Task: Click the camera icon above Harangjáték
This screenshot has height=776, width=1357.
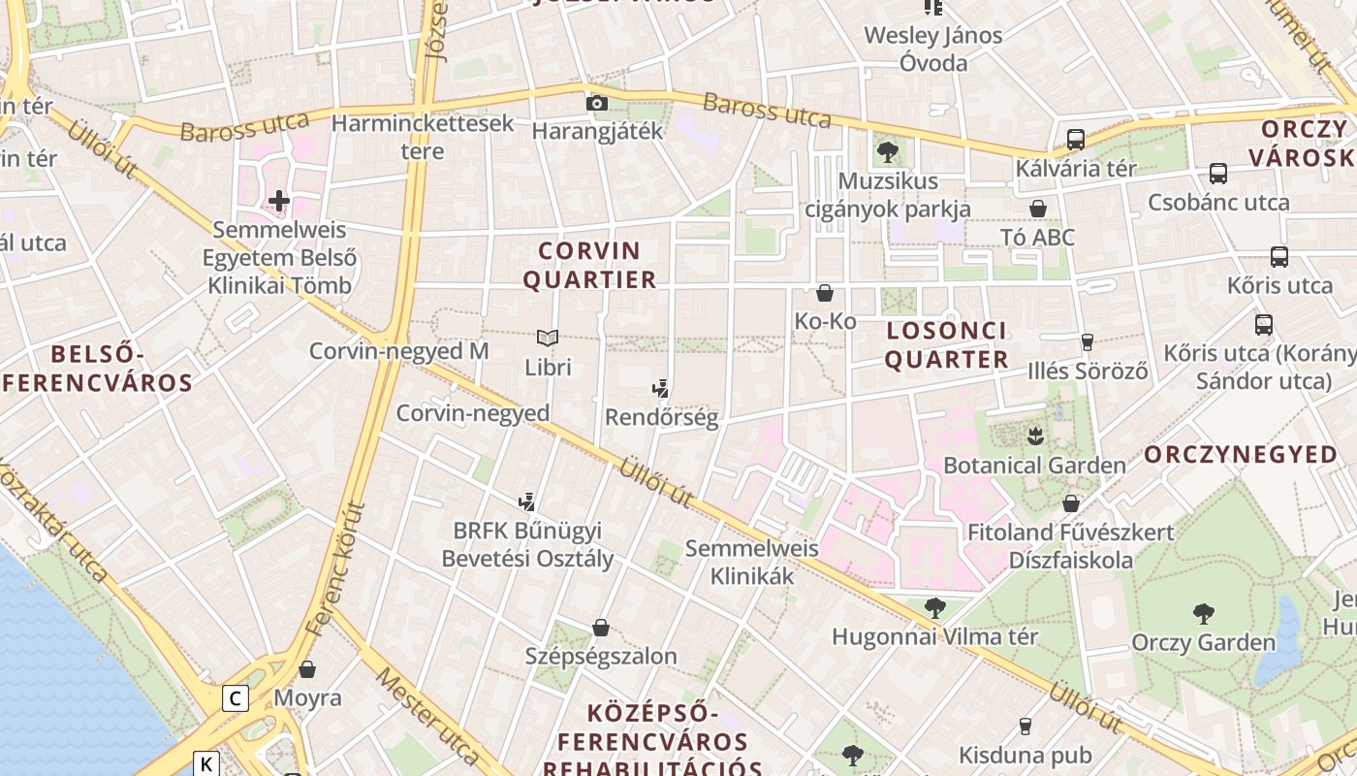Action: click(597, 103)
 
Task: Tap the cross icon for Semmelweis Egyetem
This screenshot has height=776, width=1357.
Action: click(279, 201)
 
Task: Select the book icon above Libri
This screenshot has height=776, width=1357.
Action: click(548, 338)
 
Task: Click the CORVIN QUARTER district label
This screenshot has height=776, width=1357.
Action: click(589, 266)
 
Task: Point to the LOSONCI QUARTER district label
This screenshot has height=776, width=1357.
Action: click(947, 345)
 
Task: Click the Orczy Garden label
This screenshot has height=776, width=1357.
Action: click(1204, 642)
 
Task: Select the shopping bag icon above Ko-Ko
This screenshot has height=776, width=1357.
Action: click(825, 292)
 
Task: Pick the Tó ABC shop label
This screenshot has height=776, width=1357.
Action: click(1038, 237)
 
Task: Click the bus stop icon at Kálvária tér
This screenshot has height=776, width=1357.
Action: click(1075, 139)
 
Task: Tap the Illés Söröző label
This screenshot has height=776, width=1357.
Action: click(1088, 371)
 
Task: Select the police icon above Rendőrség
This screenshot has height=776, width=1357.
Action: click(661, 389)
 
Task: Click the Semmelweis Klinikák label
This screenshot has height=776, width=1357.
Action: click(752, 562)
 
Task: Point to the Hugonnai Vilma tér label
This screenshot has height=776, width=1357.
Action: click(935, 637)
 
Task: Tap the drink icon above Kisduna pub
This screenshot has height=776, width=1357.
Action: click(1025, 726)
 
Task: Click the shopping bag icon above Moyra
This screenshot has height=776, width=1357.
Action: click(307, 669)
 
